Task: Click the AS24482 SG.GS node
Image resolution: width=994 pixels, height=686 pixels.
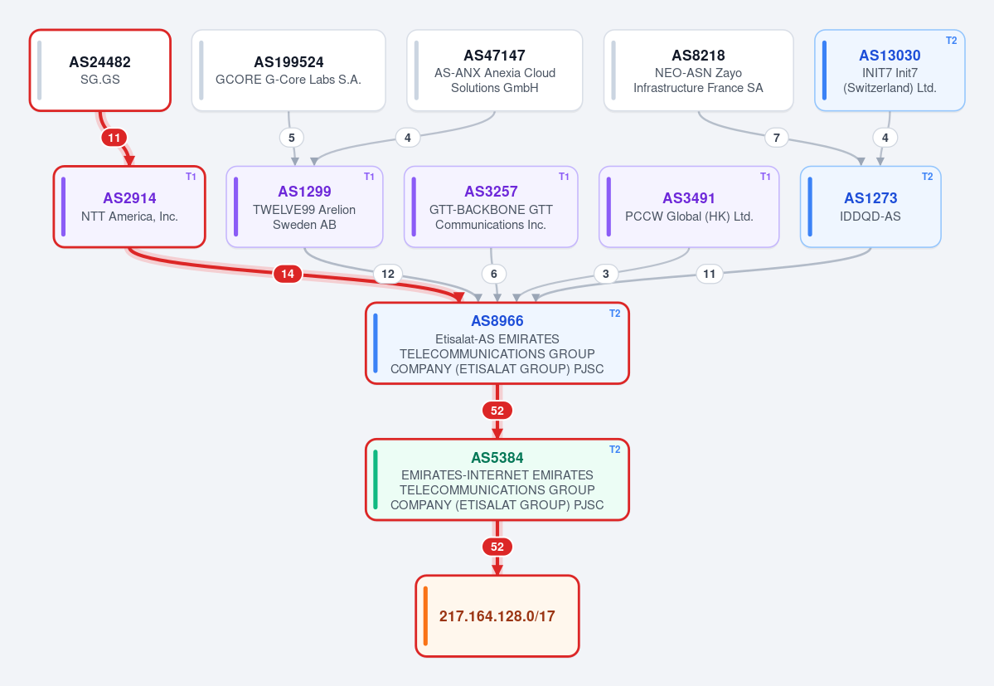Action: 100,71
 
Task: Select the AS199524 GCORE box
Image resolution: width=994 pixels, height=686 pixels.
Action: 289,71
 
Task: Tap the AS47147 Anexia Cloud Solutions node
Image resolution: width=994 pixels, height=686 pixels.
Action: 494,71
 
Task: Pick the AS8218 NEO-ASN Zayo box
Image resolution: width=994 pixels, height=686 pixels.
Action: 699,71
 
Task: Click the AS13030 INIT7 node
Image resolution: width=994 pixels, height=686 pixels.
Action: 890,71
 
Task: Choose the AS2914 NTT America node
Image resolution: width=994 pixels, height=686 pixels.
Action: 129,207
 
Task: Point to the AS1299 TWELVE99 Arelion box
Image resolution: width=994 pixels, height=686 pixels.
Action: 304,207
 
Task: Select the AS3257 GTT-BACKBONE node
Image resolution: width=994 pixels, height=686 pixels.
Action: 491,207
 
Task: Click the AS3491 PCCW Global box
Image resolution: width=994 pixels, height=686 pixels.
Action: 689,207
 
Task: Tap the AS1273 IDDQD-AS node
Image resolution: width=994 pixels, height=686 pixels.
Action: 870,207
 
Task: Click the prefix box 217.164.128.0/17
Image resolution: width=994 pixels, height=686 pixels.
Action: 497,616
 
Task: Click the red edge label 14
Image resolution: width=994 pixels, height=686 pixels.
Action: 288,274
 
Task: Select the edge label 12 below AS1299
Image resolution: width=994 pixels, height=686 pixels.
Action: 388,274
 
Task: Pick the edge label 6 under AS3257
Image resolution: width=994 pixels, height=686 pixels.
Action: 494,274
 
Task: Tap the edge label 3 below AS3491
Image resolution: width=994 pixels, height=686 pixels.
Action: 606,274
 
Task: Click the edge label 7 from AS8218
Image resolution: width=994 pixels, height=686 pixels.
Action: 777,138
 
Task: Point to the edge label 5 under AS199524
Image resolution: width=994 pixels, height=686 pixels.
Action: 292,138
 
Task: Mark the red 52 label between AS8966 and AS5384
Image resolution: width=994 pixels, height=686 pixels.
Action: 497,411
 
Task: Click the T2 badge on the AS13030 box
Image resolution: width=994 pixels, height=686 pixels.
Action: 952,41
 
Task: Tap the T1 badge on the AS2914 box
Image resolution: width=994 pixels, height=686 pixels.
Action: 191,177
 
